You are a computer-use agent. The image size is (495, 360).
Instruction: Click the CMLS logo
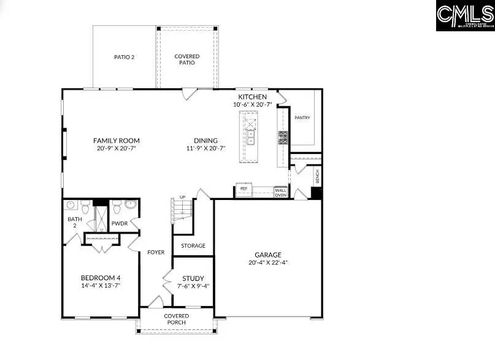point(465,15)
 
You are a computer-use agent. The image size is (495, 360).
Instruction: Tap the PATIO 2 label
point(124,57)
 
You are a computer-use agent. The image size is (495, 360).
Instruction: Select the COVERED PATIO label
point(187,59)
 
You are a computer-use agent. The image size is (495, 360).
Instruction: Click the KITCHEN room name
point(252,97)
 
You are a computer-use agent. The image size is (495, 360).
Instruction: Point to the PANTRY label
point(302,118)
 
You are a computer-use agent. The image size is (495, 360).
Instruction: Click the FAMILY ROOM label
point(116,140)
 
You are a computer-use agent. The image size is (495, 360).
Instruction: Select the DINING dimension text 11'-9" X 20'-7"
point(206,148)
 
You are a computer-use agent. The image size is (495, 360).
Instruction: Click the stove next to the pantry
point(283,137)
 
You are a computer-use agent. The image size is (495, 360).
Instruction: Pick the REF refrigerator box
point(244,190)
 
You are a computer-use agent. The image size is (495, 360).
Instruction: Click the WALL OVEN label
point(280,193)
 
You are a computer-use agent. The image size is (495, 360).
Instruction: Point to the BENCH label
point(317,177)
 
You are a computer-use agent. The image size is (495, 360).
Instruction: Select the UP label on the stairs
point(182,197)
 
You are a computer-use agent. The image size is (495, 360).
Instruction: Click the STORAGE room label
point(193,246)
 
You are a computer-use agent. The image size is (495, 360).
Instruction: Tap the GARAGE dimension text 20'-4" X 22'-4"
point(268,262)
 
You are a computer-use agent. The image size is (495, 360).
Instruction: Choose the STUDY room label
point(193,278)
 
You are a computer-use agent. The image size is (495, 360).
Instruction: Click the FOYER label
point(155,252)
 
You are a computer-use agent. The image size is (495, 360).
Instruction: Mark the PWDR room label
point(120,223)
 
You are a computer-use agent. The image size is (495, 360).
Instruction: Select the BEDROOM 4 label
point(100,277)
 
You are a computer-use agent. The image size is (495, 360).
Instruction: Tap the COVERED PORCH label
point(176,320)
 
